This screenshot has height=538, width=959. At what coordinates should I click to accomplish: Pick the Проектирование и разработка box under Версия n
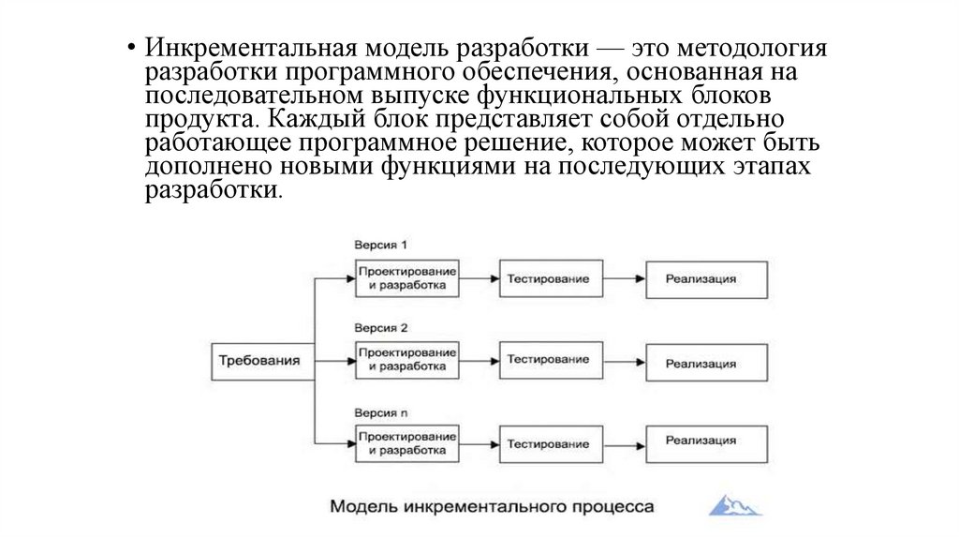point(406,443)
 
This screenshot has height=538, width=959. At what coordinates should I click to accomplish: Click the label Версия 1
point(380,246)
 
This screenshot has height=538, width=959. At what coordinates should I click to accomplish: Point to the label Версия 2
point(380,328)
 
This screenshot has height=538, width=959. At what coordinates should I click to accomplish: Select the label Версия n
point(380,411)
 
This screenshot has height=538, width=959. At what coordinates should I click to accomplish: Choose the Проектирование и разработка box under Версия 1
point(406,278)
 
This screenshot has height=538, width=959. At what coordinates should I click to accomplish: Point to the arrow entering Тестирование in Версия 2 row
point(479,360)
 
